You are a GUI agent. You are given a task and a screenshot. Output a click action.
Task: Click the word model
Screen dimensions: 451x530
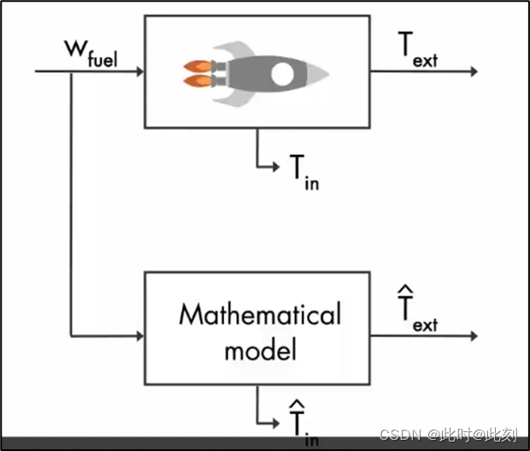point(259,350)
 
